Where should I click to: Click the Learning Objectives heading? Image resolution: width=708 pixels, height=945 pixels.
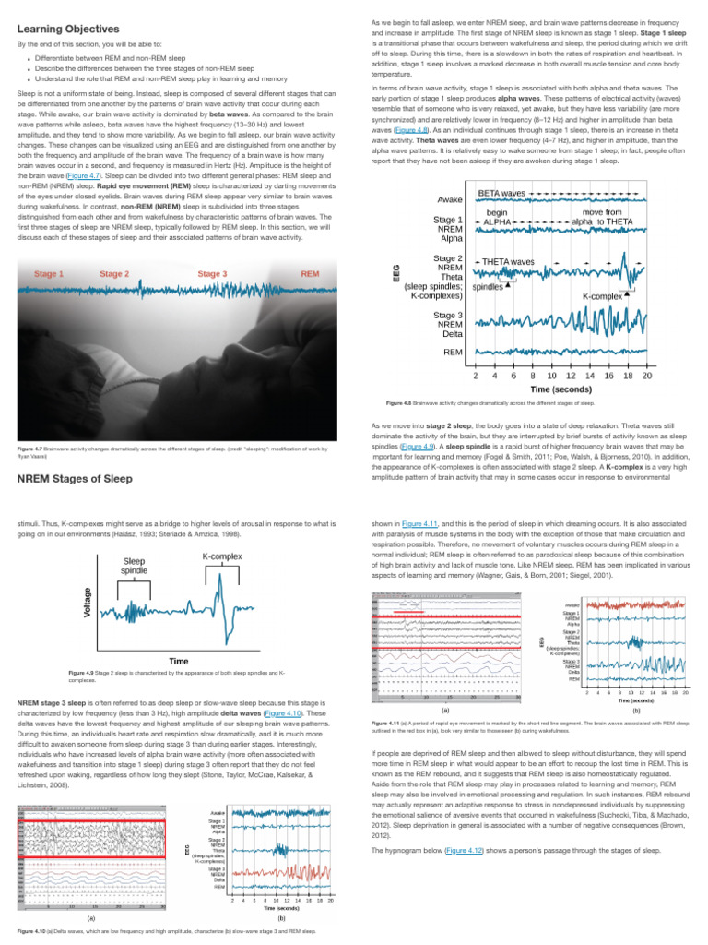pyautogui.click(x=67, y=30)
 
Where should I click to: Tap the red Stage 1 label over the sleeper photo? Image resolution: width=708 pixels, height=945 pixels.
pyautogui.click(x=49, y=274)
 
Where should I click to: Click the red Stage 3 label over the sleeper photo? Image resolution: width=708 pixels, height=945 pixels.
pyautogui.click(x=211, y=274)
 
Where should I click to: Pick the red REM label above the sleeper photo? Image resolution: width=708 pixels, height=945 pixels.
pyautogui.click(x=311, y=274)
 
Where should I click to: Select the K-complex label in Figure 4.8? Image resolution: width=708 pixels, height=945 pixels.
pyautogui.click(x=603, y=297)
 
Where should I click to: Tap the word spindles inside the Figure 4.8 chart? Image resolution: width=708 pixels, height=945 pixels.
pyautogui.click(x=487, y=287)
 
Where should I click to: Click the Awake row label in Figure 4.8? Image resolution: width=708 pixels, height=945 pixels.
pyautogui.click(x=450, y=198)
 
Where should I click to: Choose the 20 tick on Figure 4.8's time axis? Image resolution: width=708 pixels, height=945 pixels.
pyautogui.click(x=647, y=376)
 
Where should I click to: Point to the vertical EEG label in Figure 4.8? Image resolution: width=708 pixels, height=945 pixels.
pyautogui.click(x=397, y=273)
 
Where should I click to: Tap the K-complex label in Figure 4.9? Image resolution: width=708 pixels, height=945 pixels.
pyautogui.click(x=221, y=557)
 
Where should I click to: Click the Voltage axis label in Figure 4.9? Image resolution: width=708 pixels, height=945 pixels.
pyautogui.click(x=88, y=603)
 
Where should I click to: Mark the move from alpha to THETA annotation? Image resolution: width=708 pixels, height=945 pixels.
pyautogui.click(x=602, y=217)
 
